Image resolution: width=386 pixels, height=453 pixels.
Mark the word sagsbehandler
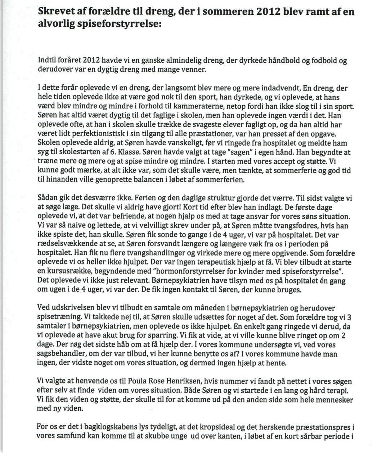click(x=60, y=354)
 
